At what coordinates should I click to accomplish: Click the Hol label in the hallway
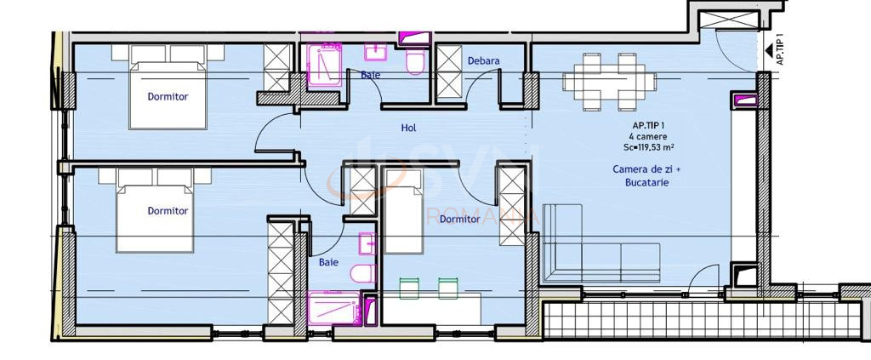(409, 128)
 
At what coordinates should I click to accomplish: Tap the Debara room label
(483, 60)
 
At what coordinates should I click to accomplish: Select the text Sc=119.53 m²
(649, 147)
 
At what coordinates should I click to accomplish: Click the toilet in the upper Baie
(415, 60)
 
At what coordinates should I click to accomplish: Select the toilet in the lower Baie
(363, 273)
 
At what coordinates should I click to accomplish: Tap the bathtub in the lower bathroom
(334, 308)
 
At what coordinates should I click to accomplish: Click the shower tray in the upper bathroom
(324, 65)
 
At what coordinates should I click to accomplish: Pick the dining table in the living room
(609, 82)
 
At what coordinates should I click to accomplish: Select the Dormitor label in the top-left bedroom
(168, 97)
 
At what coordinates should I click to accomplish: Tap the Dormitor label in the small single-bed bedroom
(459, 220)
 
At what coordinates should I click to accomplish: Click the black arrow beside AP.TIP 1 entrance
(769, 51)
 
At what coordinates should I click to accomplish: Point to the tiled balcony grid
(702, 319)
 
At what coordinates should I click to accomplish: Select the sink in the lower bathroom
(367, 244)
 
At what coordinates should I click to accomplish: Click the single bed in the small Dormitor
(403, 210)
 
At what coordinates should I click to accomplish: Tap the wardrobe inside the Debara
(449, 73)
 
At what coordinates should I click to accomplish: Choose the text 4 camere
(649, 136)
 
